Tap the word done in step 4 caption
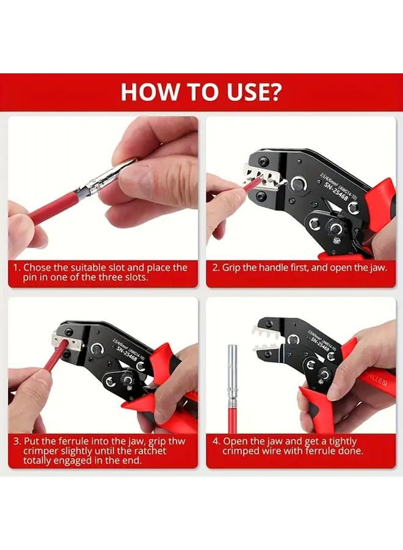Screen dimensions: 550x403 coord(350,451)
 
